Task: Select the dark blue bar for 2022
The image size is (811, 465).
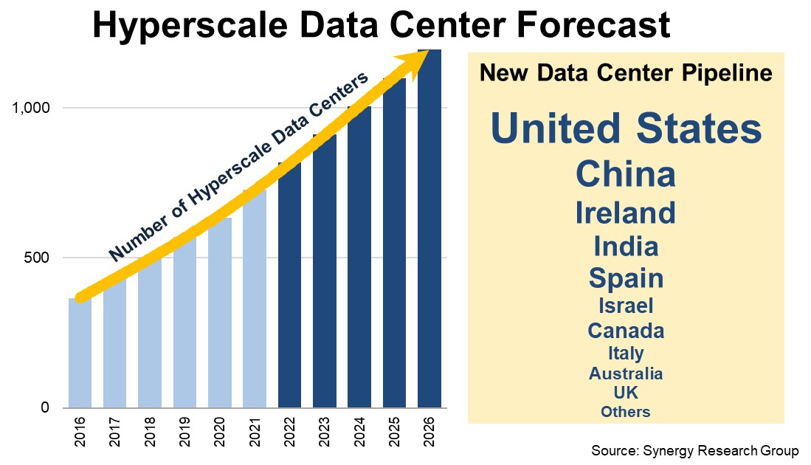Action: point(289,295)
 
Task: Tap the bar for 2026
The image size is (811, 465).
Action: point(429,236)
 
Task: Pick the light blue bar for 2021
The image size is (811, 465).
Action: point(254,310)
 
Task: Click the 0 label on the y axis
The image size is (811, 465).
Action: point(45,407)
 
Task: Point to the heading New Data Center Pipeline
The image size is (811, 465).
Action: point(626,73)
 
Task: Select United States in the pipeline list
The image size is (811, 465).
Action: point(626,128)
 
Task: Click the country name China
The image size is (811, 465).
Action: point(626,175)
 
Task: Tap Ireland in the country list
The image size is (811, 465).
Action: point(626,213)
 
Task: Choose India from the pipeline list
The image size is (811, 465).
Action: point(626,246)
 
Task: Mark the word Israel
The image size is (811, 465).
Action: point(626,305)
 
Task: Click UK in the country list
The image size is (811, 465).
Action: point(626,392)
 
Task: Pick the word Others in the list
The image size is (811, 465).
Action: point(626,412)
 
